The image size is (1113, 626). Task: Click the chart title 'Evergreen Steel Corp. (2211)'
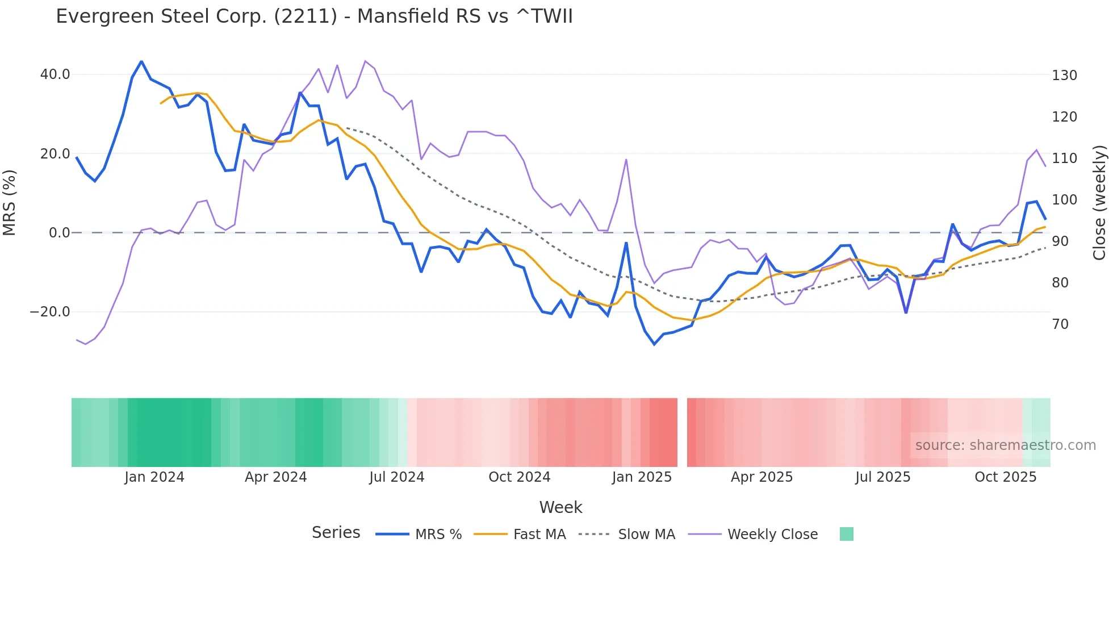[x=314, y=16]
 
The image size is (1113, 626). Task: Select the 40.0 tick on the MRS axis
[x=55, y=74]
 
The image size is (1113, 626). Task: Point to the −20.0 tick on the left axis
[x=50, y=312]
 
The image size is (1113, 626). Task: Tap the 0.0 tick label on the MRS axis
[x=60, y=233]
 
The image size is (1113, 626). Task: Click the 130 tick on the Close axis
[x=1064, y=76]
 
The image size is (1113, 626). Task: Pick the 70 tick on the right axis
[x=1060, y=324]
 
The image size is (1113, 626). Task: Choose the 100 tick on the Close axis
[x=1064, y=200]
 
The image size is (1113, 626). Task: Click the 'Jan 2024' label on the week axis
[x=154, y=477]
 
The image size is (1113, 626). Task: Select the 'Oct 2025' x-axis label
[x=1005, y=477]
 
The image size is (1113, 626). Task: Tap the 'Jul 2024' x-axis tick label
[x=397, y=477]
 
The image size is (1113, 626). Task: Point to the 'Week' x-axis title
[x=560, y=507]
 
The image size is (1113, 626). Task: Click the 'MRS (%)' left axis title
[x=10, y=202]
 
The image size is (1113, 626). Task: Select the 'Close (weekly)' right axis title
[x=1100, y=202]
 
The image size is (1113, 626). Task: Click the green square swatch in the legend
[x=846, y=534]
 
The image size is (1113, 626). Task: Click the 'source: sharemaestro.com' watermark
[x=1005, y=445]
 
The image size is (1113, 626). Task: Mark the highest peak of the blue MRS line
[x=141, y=61]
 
